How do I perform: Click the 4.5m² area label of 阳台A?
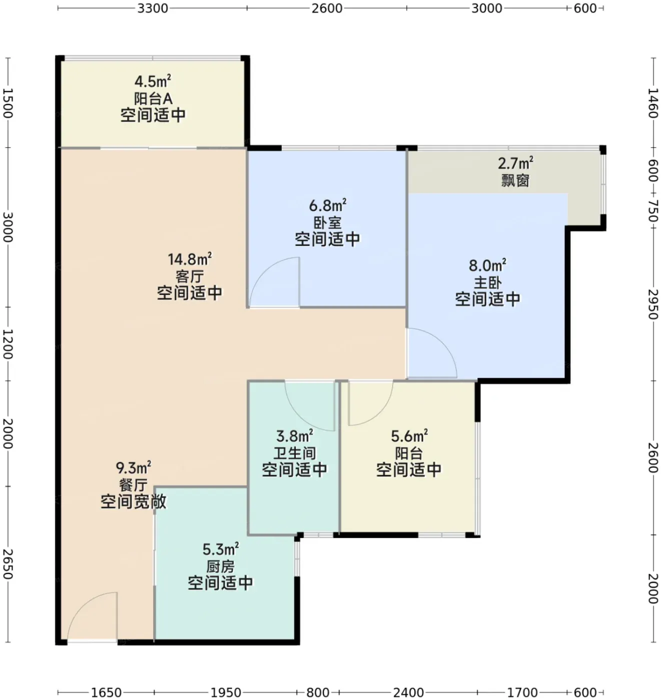coord(153,82)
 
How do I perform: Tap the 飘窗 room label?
coord(515,181)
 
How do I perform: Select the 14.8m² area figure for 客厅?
coord(190,259)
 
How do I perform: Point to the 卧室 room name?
coord(328,222)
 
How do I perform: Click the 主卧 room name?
coord(487,282)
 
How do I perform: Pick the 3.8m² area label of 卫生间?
coord(294,436)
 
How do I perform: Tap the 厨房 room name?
coord(220,567)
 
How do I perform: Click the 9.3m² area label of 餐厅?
coord(134,468)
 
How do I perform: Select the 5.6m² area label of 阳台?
coord(409,436)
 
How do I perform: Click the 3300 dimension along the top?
coord(153,8)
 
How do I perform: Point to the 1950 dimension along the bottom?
coord(226,692)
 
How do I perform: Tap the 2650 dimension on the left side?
coord(8,564)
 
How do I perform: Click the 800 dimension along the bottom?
coord(318,692)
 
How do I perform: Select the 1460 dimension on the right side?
coord(653,103)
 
